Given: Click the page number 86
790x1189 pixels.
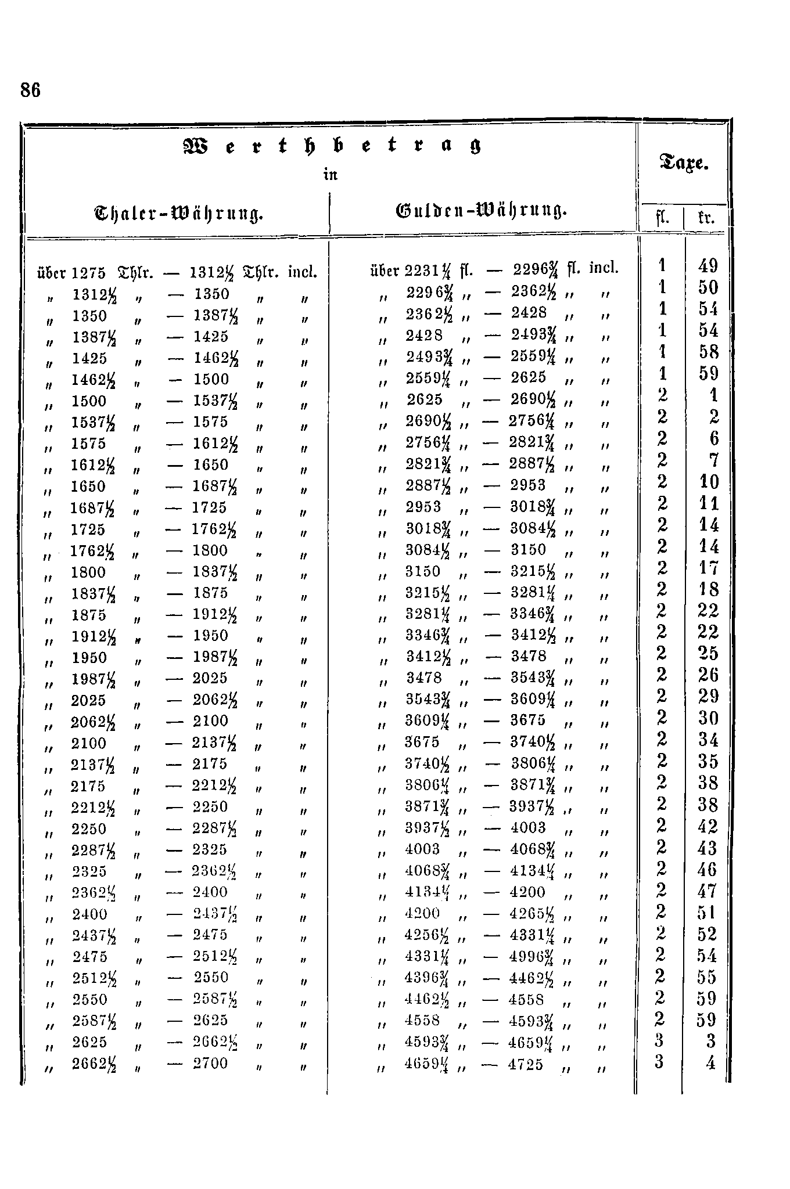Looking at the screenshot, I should tap(31, 91).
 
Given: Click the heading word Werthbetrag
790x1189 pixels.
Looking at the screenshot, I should tap(332, 147).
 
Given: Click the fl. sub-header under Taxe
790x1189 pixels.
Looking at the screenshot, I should tap(662, 219).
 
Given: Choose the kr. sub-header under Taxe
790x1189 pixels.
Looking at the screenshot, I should tap(705, 219).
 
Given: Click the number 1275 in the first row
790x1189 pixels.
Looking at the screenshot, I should tap(89, 272).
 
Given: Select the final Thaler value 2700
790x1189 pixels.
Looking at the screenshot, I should tap(210, 1064).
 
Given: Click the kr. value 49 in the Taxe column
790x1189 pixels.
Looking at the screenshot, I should tap(709, 266).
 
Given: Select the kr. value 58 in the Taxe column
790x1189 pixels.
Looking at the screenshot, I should tap(709, 352).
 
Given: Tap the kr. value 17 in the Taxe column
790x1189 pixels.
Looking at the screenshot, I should tap(709, 567).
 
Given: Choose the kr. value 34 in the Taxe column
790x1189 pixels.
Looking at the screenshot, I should tap(709, 740).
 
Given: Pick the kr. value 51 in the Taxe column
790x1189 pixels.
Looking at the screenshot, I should tap(709, 913).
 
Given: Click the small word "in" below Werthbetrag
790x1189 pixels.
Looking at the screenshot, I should tap(331, 174).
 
